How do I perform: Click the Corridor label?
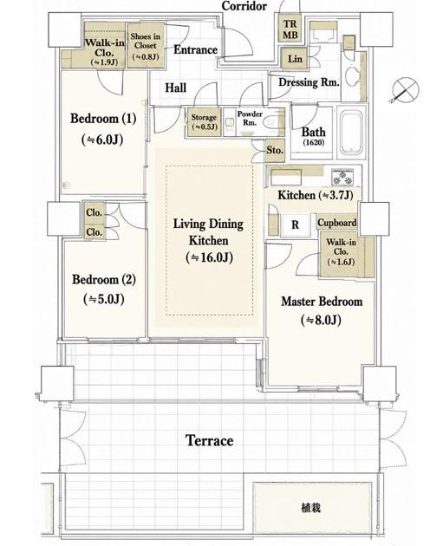pos(244,5)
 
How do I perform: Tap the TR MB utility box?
pos(290,29)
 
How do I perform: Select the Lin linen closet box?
pos(294,58)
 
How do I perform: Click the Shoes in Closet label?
pos(146,41)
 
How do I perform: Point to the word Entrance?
pos(195,49)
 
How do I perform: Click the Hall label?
pos(176,88)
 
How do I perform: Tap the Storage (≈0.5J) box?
pos(205,122)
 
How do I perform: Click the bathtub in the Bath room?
pos(352,132)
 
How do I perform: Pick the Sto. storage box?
pos(275,151)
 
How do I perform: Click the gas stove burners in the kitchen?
pos(342,177)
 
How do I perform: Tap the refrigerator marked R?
pos(295,225)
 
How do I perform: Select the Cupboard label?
pos(337,223)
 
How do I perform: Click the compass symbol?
pos(404,90)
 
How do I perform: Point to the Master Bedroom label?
pos(322,302)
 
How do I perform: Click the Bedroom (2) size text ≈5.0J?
pos(104,299)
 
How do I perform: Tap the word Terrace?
pos(209,440)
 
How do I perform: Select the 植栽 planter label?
pos(311,508)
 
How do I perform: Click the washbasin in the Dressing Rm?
pos(352,77)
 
